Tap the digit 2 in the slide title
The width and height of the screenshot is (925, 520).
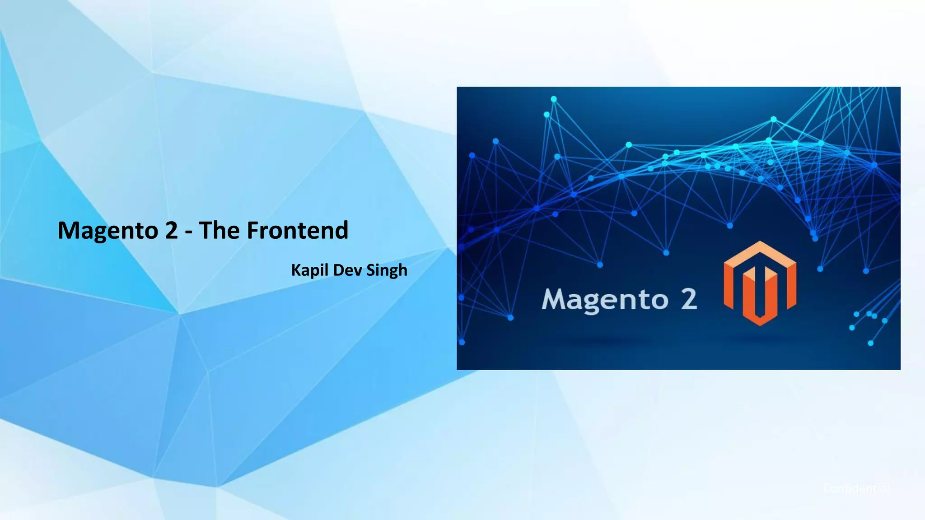pos(172,230)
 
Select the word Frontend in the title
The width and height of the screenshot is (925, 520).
pos(298,230)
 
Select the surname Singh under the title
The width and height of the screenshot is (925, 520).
pos(387,271)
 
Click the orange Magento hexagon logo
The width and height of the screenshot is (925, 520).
pos(760,283)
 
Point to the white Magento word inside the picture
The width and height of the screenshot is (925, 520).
pos(605,300)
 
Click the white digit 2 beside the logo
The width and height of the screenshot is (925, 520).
pos(689,299)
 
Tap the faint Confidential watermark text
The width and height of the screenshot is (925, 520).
pos(856,488)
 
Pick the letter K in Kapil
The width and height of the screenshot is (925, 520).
pos(296,270)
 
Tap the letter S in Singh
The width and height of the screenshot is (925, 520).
pos(370,270)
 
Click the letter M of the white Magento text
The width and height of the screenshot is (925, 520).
pos(554,299)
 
